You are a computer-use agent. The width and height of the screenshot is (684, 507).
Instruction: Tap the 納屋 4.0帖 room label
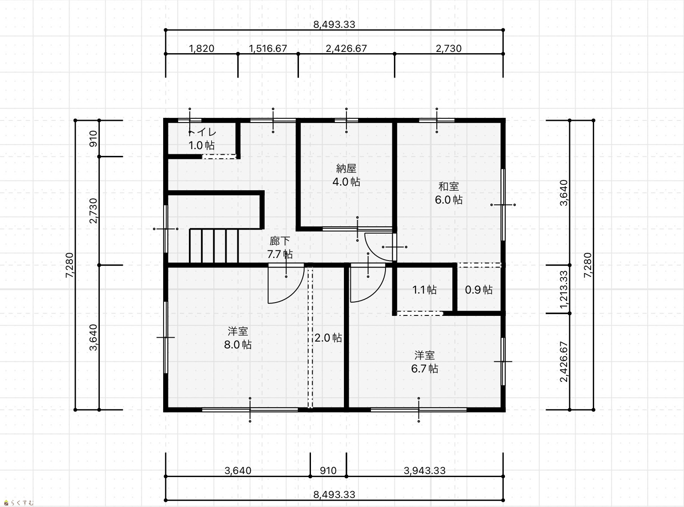point(346,175)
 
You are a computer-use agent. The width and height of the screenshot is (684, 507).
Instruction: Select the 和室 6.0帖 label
point(449,193)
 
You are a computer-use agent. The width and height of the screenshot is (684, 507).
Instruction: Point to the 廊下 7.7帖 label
point(280,247)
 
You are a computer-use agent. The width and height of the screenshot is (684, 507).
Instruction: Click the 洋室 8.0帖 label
point(238,338)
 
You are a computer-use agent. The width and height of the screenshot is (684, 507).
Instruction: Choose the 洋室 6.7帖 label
point(424,362)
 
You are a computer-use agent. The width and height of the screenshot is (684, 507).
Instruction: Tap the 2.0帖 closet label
point(328,338)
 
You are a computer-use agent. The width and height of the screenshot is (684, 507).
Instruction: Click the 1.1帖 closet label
point(424,290)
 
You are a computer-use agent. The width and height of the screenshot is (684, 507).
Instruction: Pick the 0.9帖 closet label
point(478,290)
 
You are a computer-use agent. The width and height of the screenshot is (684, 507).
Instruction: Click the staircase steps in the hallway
point(214,246)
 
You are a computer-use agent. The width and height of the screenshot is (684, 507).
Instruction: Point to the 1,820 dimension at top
point(201,48)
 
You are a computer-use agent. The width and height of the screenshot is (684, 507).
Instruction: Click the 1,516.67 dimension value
point(268,48)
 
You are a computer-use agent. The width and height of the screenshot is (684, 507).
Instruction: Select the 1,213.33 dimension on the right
point(564,289)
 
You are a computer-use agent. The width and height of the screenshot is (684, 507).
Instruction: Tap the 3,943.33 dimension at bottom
point(424,471)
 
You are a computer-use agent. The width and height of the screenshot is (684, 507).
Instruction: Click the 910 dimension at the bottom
point(328,471)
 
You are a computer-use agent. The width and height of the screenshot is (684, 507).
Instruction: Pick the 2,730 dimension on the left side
point(93,211)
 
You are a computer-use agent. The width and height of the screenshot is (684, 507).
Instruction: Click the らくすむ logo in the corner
point(18,503)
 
